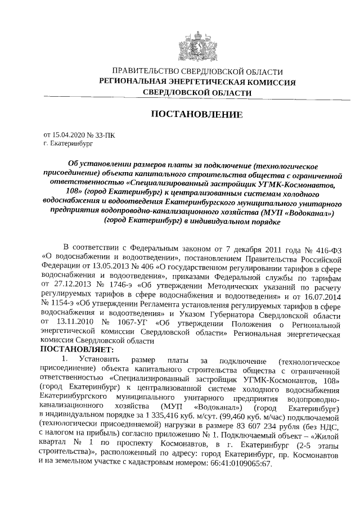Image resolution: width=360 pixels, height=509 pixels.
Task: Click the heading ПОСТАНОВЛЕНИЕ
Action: pos(197,115)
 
